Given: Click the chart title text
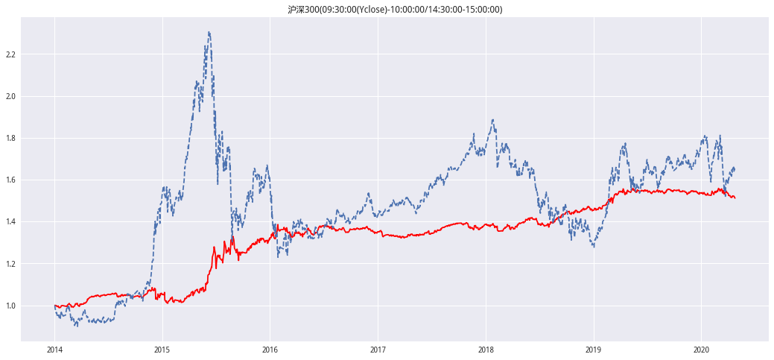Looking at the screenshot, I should [x=395, y=10].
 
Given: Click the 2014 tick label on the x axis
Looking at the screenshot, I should [x=54, y=349].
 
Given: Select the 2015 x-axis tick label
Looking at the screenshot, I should [x=162, y=349].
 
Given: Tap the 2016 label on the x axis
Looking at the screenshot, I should [x=270, y=349].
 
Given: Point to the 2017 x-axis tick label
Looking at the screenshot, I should [x=378, y=349].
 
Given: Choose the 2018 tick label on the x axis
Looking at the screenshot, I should [x=486, y=349].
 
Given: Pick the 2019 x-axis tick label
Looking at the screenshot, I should [x=593, y=349].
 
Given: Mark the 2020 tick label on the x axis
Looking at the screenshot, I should [x=701, y=349].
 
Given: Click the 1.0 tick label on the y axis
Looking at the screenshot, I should [x=10, y=306].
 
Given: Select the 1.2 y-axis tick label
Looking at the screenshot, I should [x=10, y=265].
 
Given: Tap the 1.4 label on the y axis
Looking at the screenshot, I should [x=10, y=222].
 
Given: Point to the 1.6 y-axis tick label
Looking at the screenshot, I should [x=10, y=180].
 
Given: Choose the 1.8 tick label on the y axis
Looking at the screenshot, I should [x=10, y=139].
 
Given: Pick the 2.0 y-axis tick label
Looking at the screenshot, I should [x=10, y=97].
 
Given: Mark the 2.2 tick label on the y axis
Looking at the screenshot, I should [x=10, y=55].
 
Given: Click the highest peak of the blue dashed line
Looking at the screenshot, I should [x=209, y=32].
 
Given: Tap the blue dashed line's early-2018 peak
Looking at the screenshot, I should [x=493, y=119].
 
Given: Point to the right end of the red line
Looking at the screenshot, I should [x=735, y=198].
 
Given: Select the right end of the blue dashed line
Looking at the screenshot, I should [x=735, y=168].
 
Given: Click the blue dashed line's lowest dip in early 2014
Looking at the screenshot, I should [x=75, y=326].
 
